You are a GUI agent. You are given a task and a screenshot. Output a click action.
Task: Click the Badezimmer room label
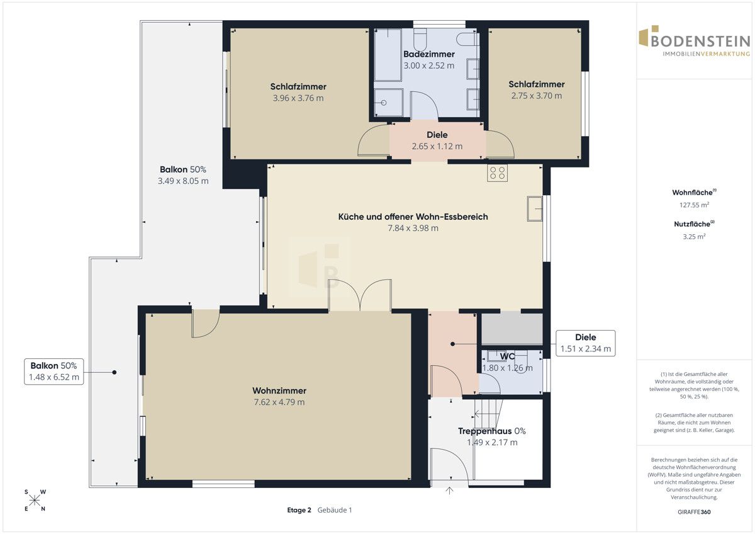click(x=428, y=54)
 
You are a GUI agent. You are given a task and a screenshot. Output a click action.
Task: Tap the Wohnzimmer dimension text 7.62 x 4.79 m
click(x=279, y=402)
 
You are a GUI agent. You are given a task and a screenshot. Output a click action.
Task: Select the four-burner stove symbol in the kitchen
click(x=497, y=173)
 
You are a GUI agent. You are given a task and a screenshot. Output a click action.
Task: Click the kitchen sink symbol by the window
click(x=535, y=209)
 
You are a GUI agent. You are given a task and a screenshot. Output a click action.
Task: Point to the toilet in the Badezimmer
click(x=420, y=38)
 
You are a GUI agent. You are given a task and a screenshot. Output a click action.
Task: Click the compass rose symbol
click(x=35, y=500)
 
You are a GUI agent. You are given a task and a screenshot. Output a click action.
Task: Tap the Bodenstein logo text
click(x=701, y=42)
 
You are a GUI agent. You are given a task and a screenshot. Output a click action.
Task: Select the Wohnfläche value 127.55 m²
click(x=694, y=205)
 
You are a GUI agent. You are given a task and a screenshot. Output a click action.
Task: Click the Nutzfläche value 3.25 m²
click(x=694, y=237)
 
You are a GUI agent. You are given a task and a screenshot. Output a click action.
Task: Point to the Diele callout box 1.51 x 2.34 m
click(x=586, y=343)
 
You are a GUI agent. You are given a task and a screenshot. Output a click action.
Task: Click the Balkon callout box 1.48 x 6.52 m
click(x=54, y=372)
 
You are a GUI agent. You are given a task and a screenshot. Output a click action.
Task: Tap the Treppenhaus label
click(x=492, y=431)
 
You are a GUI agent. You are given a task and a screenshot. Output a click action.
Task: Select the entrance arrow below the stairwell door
click(x=449, y=491)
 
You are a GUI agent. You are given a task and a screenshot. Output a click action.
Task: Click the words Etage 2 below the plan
click(x=299, y=509)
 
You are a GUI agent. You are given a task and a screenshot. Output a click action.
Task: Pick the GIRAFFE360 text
click(x=694, y=512)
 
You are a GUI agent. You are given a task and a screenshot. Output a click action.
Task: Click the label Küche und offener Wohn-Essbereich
click(x=413, y=217)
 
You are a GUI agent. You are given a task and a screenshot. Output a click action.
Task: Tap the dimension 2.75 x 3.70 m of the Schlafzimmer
click(x=537, y=96)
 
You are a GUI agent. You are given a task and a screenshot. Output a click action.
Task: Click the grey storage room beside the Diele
click(x=512, y=328)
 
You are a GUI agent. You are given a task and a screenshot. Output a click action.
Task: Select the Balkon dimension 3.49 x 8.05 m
click(x=183, y=181)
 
